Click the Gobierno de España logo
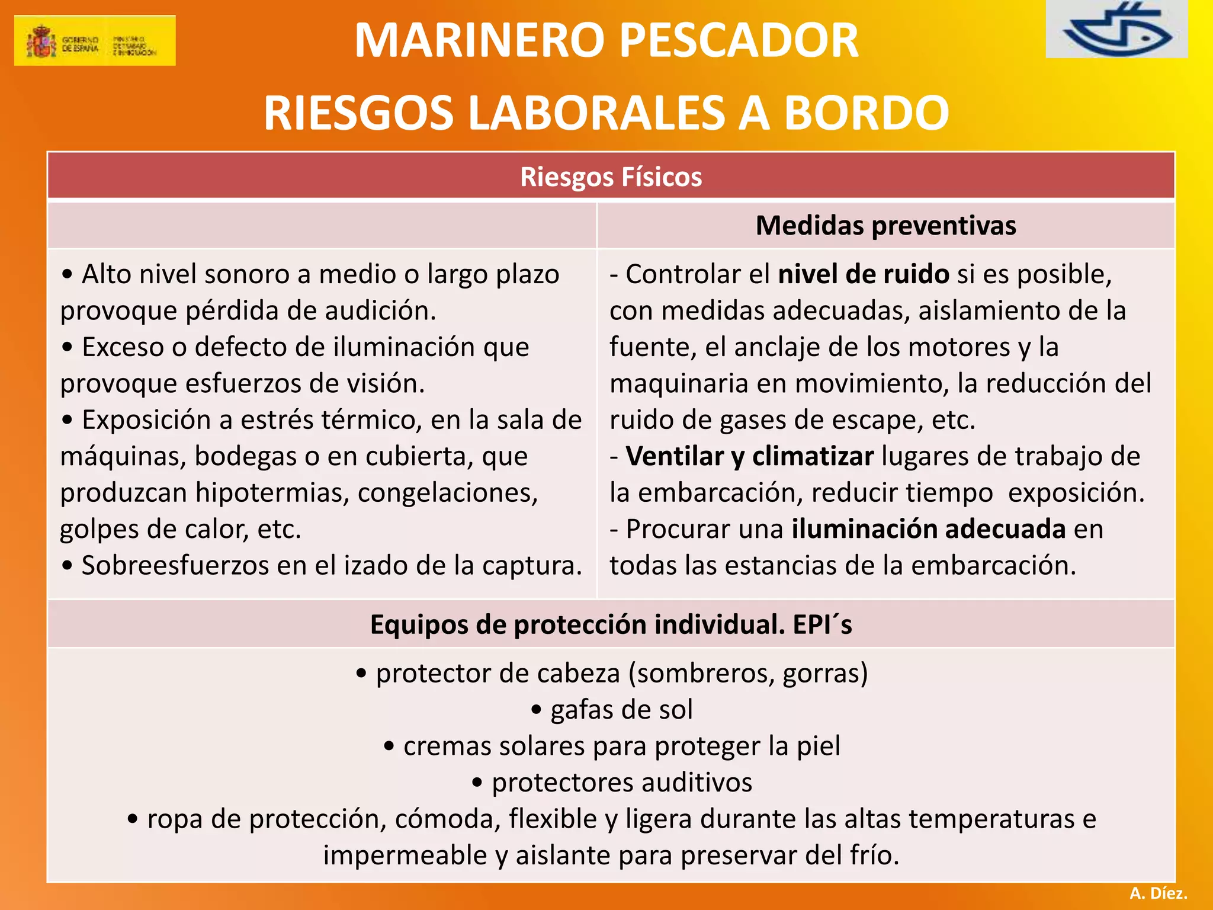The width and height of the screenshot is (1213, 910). tap(95, 40)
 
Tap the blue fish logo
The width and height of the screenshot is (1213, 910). tap(1117, 30)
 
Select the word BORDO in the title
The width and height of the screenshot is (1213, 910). tap(867, 113)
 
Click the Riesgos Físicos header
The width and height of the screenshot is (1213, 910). tap(611, 177)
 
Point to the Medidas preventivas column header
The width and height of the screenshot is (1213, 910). tap(885, 226)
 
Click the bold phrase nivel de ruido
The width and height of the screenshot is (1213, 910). tap(863, 274)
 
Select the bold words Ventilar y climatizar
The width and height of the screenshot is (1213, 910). tap(750, 456)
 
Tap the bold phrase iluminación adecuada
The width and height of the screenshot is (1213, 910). tap(928, 529)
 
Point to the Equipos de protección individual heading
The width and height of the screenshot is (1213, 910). tap(611, 624)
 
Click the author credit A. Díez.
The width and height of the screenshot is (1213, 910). tap(1158, 893)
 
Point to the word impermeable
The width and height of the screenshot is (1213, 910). tap(405, 855)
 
